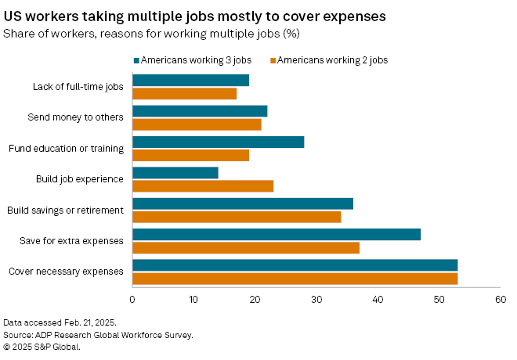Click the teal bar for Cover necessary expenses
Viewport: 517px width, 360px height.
point(295,265)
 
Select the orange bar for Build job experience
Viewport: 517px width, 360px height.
point(203,185)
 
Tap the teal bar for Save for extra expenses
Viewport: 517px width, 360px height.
point(277,234)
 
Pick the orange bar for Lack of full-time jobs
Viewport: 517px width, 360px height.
point(184,94)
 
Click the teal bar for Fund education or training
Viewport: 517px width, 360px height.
point(218,142)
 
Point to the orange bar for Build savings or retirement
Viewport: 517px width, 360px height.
point(237,217)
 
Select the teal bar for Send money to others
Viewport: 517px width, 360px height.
point(200,111)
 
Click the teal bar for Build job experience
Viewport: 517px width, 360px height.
point(175,173)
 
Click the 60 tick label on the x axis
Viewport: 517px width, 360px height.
point(501,299)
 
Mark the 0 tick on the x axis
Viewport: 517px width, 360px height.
point(132,299)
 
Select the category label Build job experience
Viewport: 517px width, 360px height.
point(80,178)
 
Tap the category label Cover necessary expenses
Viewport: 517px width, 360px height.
point(66,271)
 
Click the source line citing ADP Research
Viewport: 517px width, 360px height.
point(98,334)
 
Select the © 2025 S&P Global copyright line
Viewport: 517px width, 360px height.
point(42,346)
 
